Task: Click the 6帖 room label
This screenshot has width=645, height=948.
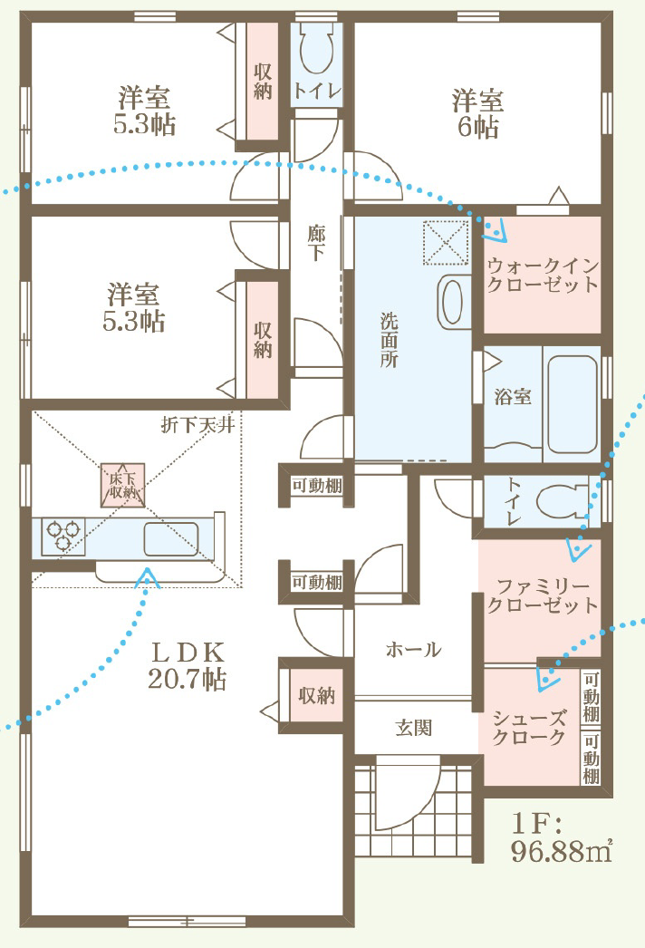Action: pos(477,114)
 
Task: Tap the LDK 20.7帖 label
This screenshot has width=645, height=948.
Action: pos(188,665)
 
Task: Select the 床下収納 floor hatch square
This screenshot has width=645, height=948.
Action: pos(122,485)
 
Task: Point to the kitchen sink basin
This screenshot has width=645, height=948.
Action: pos(171,538)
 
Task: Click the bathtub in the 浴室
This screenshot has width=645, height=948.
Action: pos(572,404)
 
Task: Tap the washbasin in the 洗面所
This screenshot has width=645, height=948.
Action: pos(453,301)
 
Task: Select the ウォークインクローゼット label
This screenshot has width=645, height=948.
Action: pos(543,276)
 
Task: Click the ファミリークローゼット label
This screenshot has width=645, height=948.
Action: pos(543,595)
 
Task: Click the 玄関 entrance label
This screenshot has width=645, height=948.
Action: pos(414,728)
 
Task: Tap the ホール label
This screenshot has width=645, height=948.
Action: pos(413,650)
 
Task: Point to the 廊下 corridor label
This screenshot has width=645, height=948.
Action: pos(315,243)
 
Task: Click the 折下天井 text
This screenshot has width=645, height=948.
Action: pos(197,425)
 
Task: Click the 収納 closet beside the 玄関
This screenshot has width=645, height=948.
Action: pos(317,695)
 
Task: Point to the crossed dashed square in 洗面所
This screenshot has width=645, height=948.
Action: pos(446,242)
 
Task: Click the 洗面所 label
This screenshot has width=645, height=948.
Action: pos(389,340)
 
